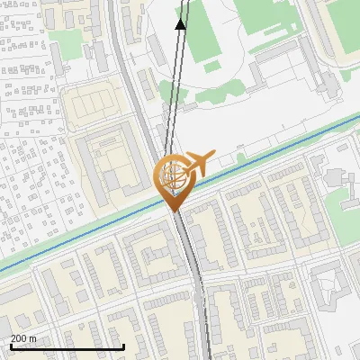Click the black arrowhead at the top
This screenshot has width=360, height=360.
pyautogui.click(x=181, y=23)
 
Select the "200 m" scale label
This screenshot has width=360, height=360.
pyautogui.click(x=23, y=339)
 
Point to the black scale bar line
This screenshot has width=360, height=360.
pyautogui.click(x=67, y=347)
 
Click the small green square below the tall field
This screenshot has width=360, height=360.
pyautogui.click(x=212, y=66)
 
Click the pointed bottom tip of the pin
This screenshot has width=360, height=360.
pyautogui.click(x=174, y=211)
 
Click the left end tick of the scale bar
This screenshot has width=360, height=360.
pyautogui.click(x=10, y=346)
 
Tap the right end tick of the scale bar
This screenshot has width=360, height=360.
pyautogui.click(x=123, y=346)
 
